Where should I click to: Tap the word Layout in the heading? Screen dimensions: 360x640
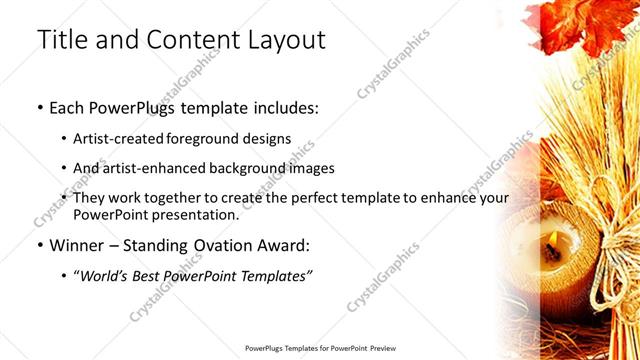coord(282,40)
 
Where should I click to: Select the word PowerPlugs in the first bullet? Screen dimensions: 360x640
coord(132,106)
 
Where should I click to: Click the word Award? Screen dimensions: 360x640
coord(284,244)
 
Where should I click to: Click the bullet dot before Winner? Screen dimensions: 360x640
coord(39,245)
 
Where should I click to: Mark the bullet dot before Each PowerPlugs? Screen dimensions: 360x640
coord(39,107)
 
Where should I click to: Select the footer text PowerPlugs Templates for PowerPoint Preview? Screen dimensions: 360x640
coord(319,348)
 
